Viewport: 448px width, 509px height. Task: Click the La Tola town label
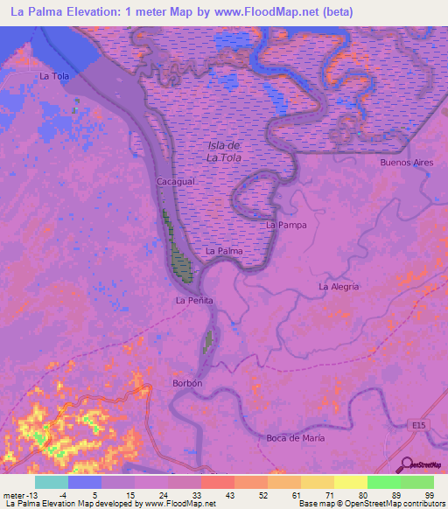53,76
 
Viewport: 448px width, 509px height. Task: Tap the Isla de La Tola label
224,151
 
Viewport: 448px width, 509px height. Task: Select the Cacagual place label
175,180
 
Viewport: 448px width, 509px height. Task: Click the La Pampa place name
284,225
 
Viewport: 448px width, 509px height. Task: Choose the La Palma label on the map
223,251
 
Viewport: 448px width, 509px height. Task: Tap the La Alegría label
339,286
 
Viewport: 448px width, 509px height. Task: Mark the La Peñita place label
194,301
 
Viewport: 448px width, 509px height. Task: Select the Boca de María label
293,437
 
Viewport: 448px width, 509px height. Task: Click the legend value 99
429,494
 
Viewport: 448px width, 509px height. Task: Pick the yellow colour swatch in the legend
351,481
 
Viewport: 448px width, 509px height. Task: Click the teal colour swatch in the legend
52,481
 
